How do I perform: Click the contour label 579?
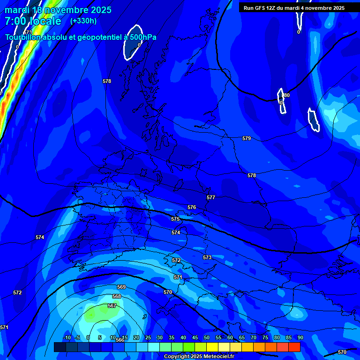247,138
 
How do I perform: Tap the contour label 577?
211,197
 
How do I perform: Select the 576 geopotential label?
192,207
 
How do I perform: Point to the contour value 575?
175,219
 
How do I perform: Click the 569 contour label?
121,287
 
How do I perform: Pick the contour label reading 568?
117,296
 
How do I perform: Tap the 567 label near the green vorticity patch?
112,306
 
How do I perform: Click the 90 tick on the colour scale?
300,337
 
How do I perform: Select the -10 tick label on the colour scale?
67,337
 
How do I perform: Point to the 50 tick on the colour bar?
207,337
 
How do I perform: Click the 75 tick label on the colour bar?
265,337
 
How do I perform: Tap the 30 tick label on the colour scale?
160,337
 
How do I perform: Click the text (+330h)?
83,21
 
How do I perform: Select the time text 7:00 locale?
33,21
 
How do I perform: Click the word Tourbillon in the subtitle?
23,37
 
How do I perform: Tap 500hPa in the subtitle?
143,37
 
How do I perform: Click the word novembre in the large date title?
67,9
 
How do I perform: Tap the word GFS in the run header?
262,8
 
